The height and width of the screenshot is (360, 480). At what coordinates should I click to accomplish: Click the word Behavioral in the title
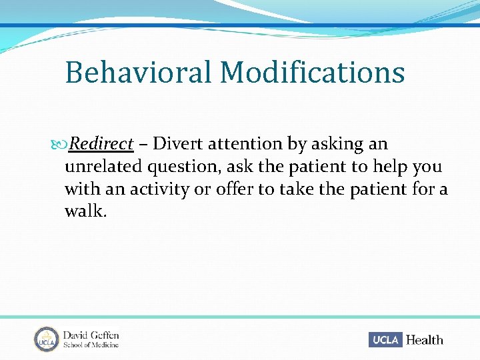click(138, 72)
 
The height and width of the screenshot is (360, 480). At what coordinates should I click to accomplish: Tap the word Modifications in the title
click(312, 72)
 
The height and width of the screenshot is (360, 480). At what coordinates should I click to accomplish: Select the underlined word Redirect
click(102, 144)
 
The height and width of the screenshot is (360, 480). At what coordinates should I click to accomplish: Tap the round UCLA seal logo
click(47, 339)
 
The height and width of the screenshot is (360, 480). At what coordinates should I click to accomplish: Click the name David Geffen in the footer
click(91, 335)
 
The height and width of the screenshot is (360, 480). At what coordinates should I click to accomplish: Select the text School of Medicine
click(91, 345)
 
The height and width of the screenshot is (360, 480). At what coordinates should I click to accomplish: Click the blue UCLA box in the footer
click(385, 339)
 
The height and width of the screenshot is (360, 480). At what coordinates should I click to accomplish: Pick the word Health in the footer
click(424, 339)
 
